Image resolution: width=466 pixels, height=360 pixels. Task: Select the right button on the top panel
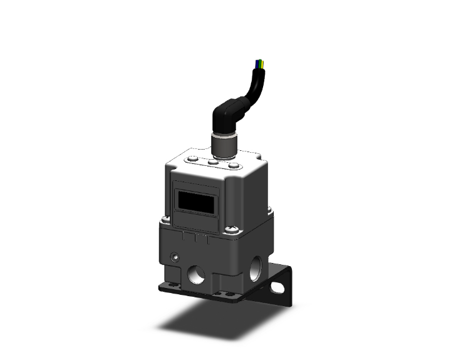pos(234,166)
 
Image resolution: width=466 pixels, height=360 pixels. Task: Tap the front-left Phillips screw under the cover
pos(166,219)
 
